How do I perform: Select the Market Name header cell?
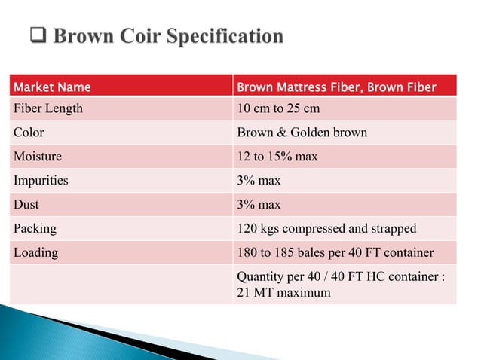tap(52, 87)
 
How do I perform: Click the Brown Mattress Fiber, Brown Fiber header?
tap(336, 87)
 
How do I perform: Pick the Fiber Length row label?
tap(48, 108)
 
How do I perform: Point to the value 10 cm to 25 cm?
tap(278, 108)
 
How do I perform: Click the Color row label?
tap(29, 133)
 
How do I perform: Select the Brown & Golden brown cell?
tap(302, 133)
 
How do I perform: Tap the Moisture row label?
tap(38, 157)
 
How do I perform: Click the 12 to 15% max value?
tap(277, 157)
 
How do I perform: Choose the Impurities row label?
tap(41, 181)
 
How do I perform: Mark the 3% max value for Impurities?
tap(259, 181)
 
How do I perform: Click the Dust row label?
tap(26, 205)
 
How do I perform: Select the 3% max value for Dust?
tap(259, 205)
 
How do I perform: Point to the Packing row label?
tap(35, 229)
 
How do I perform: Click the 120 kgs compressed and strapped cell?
tap(326, 229)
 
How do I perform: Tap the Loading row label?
tap(35, 253)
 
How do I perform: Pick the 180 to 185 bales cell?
tap(335, 253)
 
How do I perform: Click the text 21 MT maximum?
tap(283, 292)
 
